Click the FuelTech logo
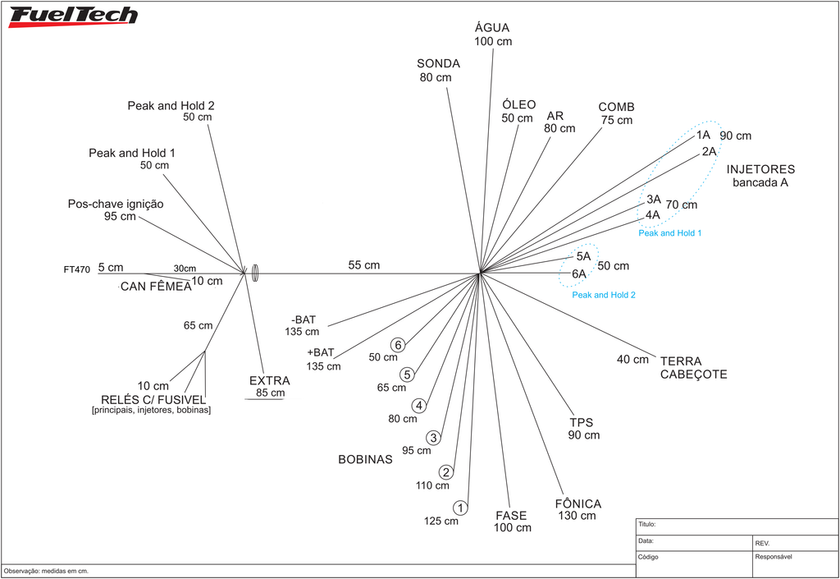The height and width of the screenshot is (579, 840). [73, 16]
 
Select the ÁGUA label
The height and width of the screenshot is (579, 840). [492, 27]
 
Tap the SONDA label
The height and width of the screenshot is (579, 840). [438, 63]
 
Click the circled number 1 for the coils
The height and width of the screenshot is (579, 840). [460, 508]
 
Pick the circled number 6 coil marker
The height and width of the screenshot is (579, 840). [398, 345]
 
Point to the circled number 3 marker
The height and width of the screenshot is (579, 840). [433, 438]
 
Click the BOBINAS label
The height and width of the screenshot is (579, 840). [365, 459]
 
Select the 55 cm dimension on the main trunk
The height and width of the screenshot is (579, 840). [363, 264]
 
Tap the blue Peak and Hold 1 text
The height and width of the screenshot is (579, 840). [669, 233]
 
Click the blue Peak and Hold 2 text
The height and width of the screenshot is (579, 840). [604, 295]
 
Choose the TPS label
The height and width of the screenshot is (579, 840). [582, 422]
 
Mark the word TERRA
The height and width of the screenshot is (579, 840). [681, 361]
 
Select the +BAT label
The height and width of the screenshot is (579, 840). [321, 352]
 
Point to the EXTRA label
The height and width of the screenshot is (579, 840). [269, 380]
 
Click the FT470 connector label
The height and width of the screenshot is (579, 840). [76, 269]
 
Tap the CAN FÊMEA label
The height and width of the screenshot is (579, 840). [156, 287]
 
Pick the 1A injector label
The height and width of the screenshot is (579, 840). [703, 135]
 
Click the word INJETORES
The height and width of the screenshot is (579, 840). [760, 169]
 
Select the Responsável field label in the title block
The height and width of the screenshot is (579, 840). [773, 557]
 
